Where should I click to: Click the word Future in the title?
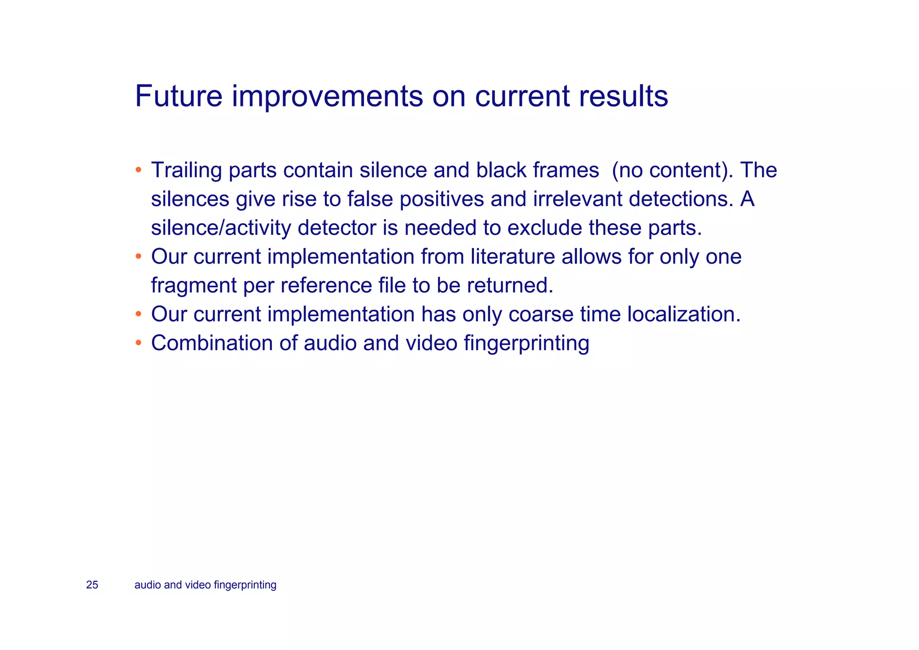[179, 96]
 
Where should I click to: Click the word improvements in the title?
[327, 96]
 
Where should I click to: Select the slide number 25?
[92, 585]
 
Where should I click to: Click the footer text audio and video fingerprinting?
[205, 585]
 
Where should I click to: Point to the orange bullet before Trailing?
[139, 170]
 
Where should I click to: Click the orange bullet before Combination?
[139, 343]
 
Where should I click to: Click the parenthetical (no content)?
[672, 170]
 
